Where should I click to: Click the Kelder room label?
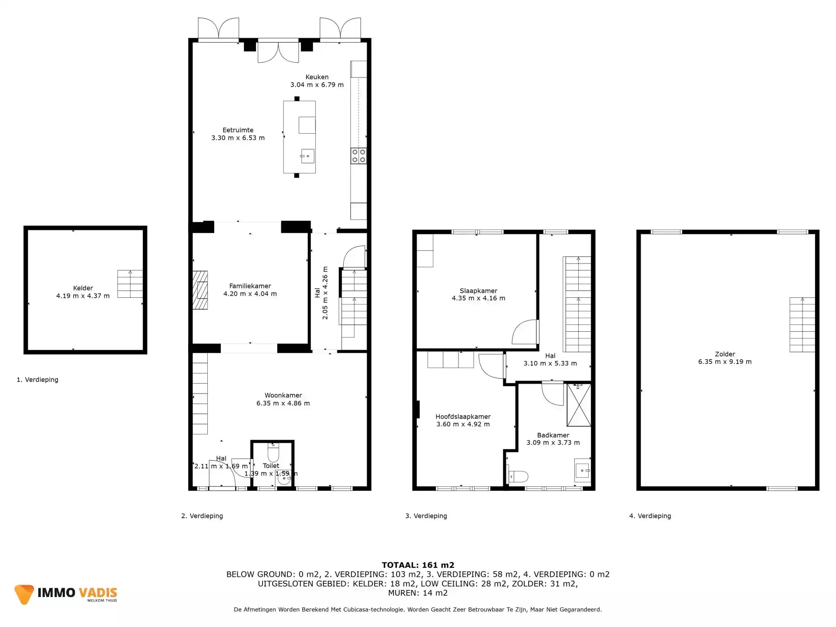(x=83, y=288)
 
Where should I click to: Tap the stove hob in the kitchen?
(x=358, y=156)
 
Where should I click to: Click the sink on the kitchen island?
(x=307, y=156)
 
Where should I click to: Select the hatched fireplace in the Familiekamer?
(x=200, y=290)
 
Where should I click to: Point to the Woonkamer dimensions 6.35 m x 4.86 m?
(x=283, y=403)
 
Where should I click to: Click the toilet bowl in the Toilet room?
(x=273, y=454)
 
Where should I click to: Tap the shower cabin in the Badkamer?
(x=579, y=405)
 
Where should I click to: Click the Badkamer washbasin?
(x=582, y=471)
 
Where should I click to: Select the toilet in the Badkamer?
(x=518, y=476)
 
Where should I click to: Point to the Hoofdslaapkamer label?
(x=463, y=417)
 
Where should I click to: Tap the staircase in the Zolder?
(x=802, y=325)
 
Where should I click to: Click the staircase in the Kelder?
(x=130, y=284)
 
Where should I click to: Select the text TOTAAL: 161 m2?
(x=418, y=565)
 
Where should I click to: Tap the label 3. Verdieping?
(x=426, y=516)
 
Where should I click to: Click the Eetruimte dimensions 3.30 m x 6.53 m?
(x=238, y=138)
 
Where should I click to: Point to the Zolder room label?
(x=725, y=354)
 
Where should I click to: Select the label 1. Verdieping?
(x=37, y=380)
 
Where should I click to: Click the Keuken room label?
(x=317, y=77)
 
